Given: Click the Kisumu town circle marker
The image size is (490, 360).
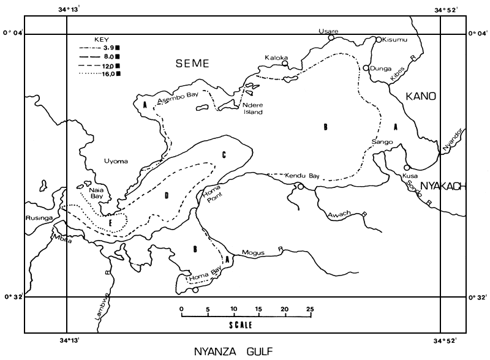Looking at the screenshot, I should [379, 39].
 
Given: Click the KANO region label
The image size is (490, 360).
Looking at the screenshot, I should [419, 96].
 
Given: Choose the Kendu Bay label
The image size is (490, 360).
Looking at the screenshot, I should [303, 176].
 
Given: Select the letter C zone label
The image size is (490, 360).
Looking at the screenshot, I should [224, 155].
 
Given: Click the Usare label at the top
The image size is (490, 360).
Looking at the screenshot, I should [328, 31].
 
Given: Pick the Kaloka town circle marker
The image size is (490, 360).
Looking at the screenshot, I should [285, 63].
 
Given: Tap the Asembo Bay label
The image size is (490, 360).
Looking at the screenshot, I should [174, 98].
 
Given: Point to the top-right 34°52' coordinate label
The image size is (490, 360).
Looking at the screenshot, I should [449, 9].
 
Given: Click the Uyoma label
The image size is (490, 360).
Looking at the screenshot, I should [116, 161].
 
